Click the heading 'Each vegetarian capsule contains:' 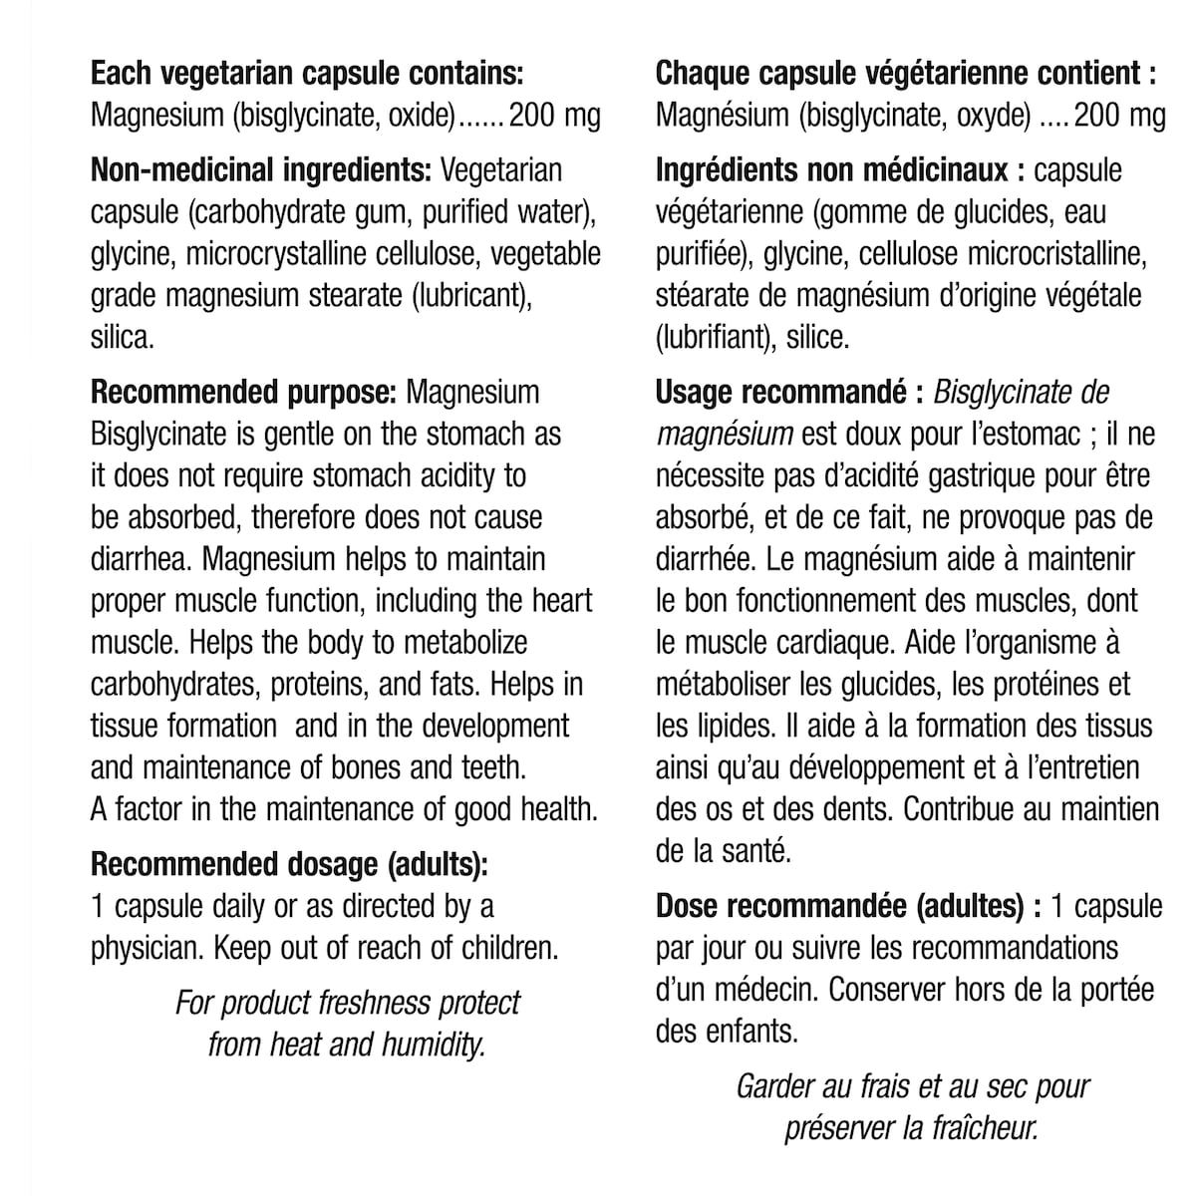pos(306,74)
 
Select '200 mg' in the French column pos(1120,116)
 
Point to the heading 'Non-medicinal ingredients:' pos(260,170)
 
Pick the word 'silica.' pos(123,338)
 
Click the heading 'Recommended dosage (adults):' pos(289,864)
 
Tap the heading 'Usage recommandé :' pos(789,393)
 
